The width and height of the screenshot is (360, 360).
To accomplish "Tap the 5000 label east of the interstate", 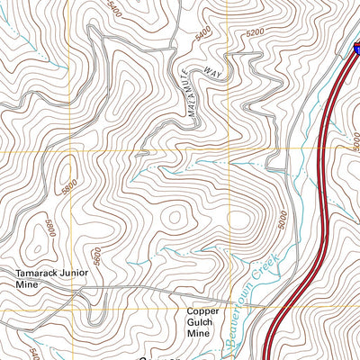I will point(355,141).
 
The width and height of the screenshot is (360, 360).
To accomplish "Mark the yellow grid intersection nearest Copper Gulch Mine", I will point(229,308).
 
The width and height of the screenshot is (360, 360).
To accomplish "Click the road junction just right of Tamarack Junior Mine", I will point(84,291).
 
